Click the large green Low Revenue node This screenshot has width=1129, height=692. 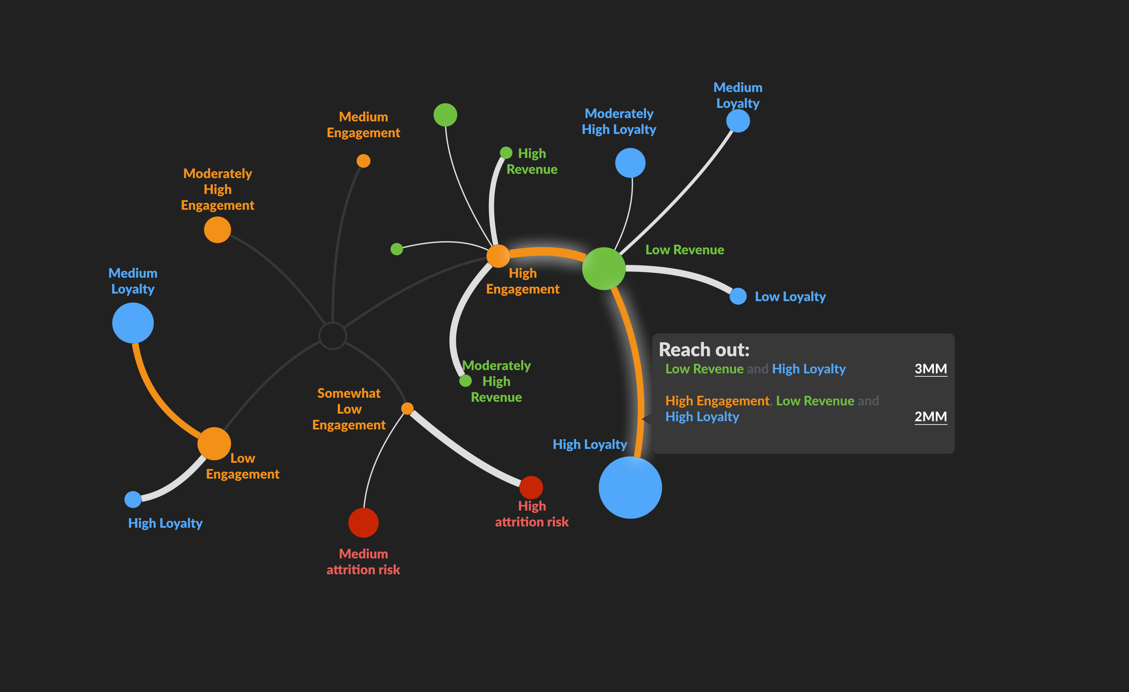pyautogui.click(x=603, y=269)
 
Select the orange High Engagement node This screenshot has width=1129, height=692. pyautogui.click(x=498, y=256)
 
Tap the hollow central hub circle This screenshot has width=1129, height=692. pyautogui.click(x=333, y=336)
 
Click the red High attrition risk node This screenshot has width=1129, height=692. pyautogui.click(x=531, y=487)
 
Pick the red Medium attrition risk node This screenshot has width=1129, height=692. pyautogui.click(x=363, y=522)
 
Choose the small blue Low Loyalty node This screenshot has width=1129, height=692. pyautogui.click(x=738, y=296)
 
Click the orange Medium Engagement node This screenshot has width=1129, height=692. pyautogui.click(x=363, y=161)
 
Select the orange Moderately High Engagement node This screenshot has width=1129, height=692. pyautogui.click(x=217, y=230)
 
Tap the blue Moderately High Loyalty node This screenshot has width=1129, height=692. pyautogui.click(x=630, y=163)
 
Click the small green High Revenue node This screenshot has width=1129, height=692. pyautogui.click(x=506, y=152)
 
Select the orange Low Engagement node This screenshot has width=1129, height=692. pyautogui.click(x=214, y=443)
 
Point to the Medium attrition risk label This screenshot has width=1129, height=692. pyautogui.click(x=363, y=561)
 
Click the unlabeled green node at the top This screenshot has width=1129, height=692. pyautogui.click(x=445, y=114)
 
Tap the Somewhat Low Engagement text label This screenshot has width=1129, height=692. pyautogui.click(x=349, y=409)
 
